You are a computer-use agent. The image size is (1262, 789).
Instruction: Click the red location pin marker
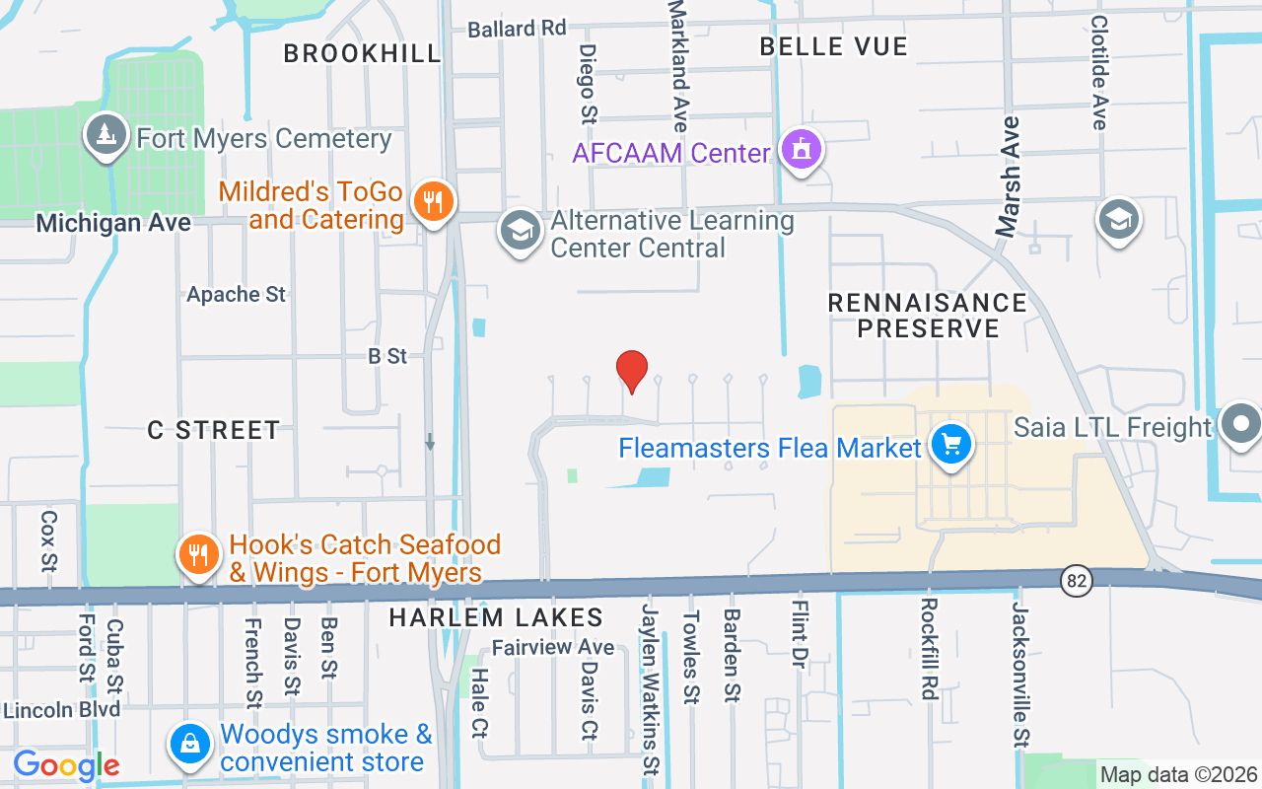(x=632, y=371)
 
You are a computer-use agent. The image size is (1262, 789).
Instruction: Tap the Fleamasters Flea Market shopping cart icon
(x=950, y=446)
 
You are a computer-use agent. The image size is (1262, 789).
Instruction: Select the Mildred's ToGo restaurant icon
(x=432, y=202)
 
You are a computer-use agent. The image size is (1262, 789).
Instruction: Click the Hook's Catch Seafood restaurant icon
(x=198, y=555)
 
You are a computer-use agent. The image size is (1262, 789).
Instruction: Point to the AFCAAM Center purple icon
(x=801, y=151)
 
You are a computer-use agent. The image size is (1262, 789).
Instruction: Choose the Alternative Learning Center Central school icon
(x=520, y=231)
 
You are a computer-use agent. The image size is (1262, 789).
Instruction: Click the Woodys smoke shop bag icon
(x=189, y=746)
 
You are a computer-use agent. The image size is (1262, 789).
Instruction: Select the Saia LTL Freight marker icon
(x=1240, y=425)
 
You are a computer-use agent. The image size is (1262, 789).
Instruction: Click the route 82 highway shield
(x=1077, y=581)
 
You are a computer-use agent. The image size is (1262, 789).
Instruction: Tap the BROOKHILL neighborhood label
(x=362, y=53)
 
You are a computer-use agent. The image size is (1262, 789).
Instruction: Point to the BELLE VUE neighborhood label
(x=833, y=46)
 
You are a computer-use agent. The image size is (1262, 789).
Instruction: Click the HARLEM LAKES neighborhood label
(x=495, y=618)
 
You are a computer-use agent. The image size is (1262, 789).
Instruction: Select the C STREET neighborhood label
(x=214, y=430)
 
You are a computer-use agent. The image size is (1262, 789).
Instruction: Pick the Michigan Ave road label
(x=113, y=224)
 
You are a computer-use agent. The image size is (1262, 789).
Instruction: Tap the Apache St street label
(x=237, y=295)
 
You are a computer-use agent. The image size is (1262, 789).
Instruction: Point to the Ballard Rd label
(x=517, y=28)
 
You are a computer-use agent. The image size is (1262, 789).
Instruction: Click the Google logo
(x=66, y=764)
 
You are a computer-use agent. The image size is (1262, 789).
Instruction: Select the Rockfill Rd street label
(x=928, y=648)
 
